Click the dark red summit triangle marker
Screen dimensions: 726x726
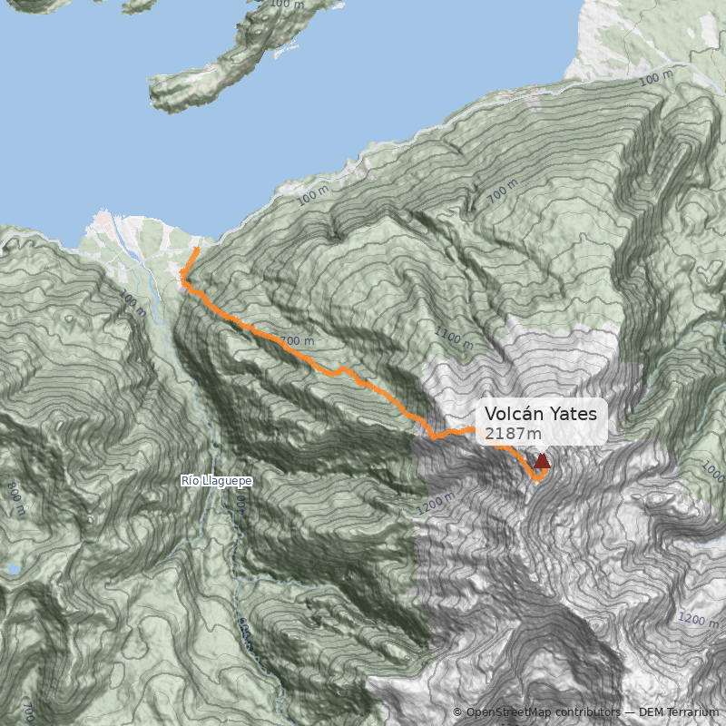pos(542,461)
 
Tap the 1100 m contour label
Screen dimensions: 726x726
pos(454,338)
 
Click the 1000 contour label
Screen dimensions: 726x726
pos(714,472)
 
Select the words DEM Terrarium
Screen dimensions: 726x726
pos(679,712)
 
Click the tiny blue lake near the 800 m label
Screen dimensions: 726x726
pos(13,569)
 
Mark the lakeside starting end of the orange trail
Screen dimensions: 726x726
pos(198,248)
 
